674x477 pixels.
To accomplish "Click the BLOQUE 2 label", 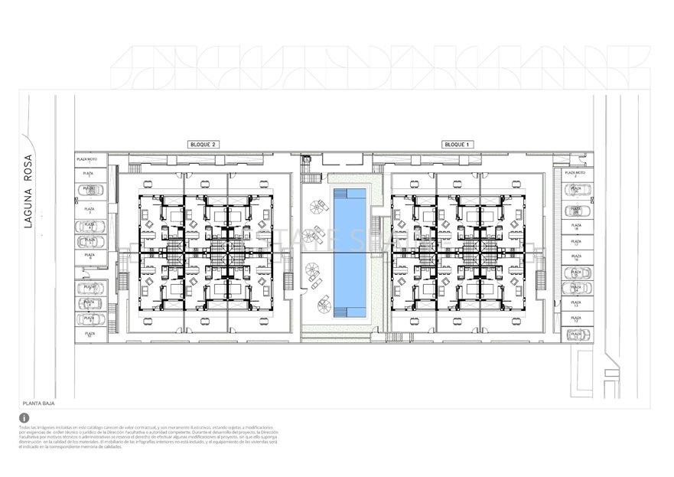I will click(204, 144).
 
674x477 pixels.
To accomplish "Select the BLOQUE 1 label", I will click(457, 144).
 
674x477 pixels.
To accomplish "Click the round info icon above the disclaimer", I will click(24, 418).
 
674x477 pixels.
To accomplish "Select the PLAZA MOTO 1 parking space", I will click(87, 160).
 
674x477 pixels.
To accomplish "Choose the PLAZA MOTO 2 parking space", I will click(575, 175).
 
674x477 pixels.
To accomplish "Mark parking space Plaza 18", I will click(575, 227).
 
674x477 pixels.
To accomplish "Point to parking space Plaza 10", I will click(90, 334).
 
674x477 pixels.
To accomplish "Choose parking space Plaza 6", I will click(90, 256).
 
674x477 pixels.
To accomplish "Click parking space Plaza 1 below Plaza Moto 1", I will click(90, 175).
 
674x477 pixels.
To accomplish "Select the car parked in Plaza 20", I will click(575, 189).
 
